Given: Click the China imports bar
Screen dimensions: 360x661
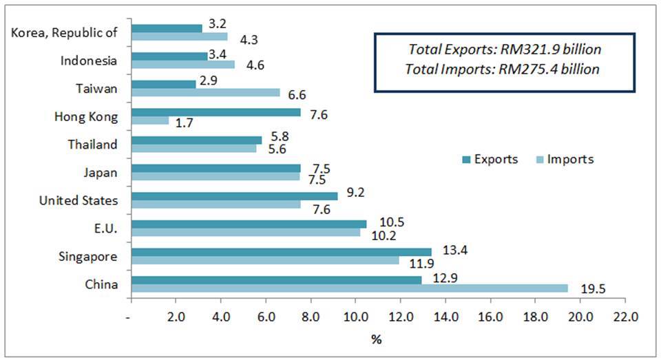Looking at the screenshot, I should pos(350,288).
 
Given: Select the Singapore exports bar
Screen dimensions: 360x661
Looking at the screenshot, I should pos(281,252).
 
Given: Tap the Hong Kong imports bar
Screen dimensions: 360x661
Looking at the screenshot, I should pos(149,121).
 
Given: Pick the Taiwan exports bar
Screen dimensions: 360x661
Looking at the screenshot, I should pos(163,84).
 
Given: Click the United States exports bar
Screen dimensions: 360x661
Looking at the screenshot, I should pos(234,196).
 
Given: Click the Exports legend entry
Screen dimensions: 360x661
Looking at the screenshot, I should pos(490,160).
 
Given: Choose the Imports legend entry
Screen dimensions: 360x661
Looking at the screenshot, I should pos(563,160).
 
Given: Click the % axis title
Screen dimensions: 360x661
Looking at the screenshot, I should pos(377,339).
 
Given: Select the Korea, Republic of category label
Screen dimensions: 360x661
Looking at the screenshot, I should pos(65,32).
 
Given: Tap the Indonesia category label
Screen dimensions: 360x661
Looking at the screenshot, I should pos(89,61).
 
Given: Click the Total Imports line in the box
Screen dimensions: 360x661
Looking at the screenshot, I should pos(503,70).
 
